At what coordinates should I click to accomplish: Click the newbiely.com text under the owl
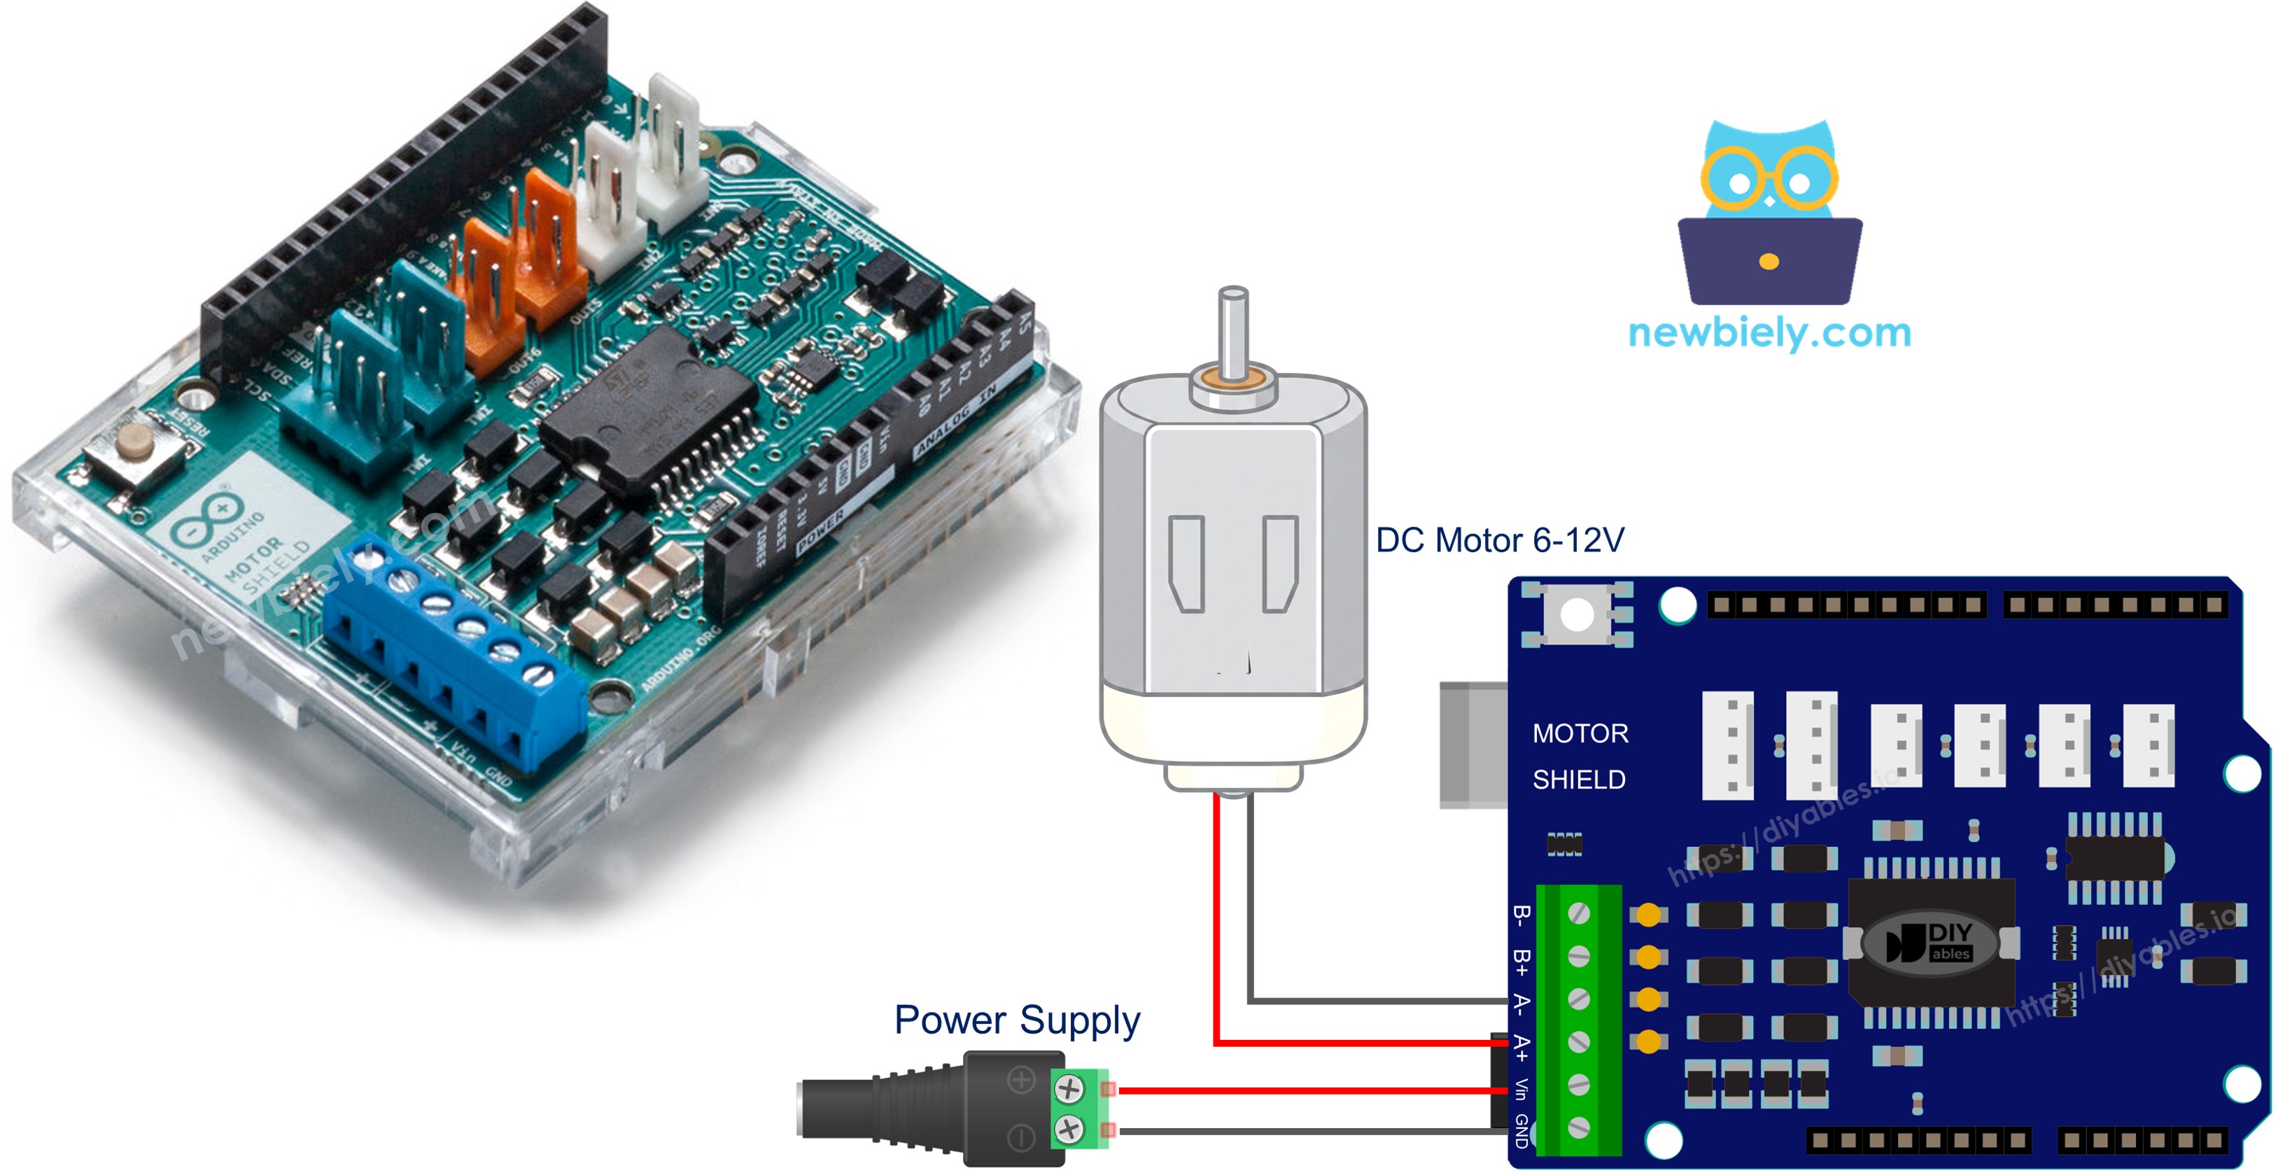tap(1769, 333)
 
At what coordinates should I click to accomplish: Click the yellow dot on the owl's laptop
tap(1769, 262)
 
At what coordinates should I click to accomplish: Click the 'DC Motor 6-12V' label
tap(1499, 540)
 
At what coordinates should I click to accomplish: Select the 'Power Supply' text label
tap(1016, 1020)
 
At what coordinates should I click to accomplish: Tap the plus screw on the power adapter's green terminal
tap(1069, 1088)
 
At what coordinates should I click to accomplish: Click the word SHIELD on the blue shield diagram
tap(1579, 780)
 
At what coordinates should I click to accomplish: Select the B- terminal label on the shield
tap(1520, 915)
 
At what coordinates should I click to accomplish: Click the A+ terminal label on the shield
tap(1520, 1047)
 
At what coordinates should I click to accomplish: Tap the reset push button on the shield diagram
tap(1576, 614)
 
